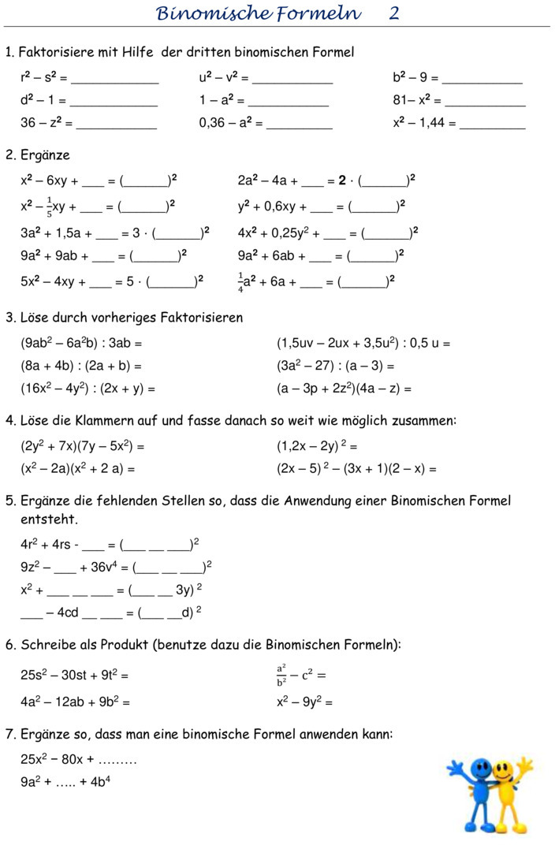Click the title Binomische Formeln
(x=259, y=13)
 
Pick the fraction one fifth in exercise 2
(x=49, y=207)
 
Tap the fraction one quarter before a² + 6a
(x=241, y=283)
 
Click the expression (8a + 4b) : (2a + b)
(x=76, y=366)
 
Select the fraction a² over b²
(x=281, y=675)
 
